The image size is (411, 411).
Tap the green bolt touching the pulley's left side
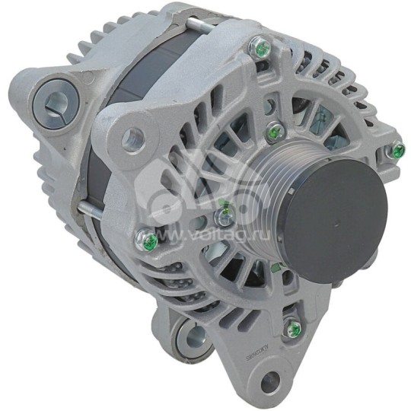(224, 217)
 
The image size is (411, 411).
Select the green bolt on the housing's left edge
(147, 241)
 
